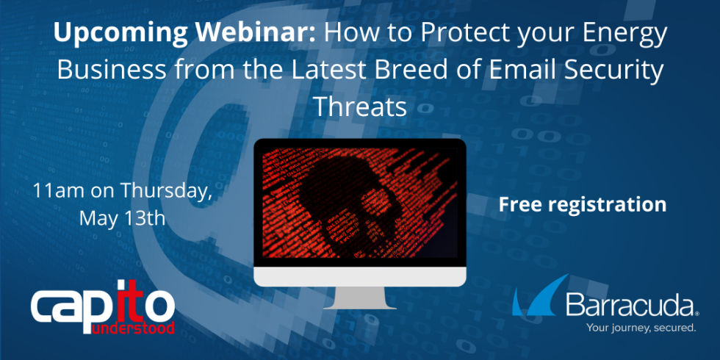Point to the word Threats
(360, 107)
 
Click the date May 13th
(122, 218)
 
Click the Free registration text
(582, 204)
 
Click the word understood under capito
(133, 328)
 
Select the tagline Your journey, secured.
(641, 328)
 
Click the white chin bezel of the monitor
(360, 276)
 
